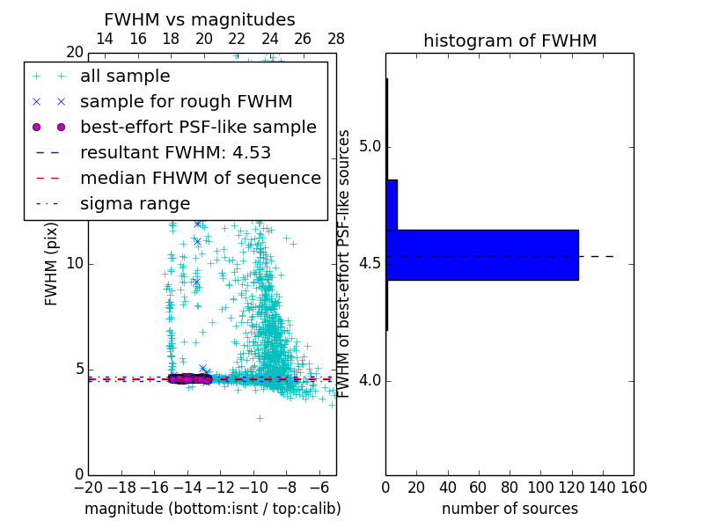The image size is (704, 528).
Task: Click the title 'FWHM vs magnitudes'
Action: [x=200, y=19]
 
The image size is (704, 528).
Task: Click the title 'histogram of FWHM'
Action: [x=510, y=40]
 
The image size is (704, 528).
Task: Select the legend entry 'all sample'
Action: [x=125, y=77]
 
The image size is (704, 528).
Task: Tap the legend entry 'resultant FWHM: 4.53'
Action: [x=175, y=152]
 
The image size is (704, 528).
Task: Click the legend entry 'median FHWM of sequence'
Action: [x=200, y=178]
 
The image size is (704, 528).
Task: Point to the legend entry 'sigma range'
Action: [x=135, y=203]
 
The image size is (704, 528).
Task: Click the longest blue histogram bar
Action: [x=482, y=255]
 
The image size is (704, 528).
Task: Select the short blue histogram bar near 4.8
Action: [x=392, y=205]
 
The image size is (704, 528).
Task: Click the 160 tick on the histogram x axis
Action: [x=634, y=486]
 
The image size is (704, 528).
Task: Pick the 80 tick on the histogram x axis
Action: [x=510, y=486]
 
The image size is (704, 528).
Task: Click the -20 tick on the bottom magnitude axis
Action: [x=88, y=486]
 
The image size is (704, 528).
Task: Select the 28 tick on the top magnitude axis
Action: [x=336, y=39]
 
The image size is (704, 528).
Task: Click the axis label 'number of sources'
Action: [x=510, y=509]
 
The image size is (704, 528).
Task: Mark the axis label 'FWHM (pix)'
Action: [x=52, y=264]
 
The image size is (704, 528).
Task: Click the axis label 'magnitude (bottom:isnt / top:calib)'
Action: [x=212, y=509]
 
